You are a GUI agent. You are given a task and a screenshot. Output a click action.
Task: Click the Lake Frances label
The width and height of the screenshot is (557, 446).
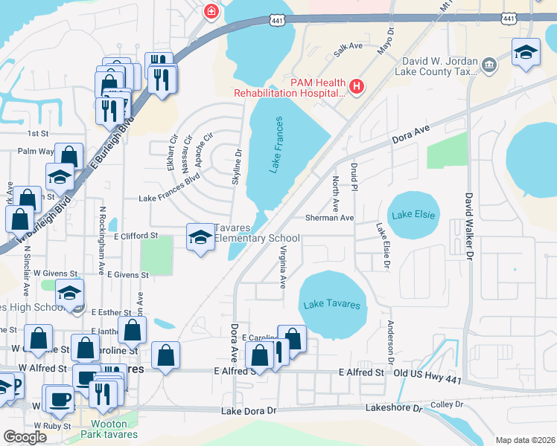pos(276,145)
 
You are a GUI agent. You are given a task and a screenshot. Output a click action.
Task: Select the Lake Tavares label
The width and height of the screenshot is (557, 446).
pos(332,305)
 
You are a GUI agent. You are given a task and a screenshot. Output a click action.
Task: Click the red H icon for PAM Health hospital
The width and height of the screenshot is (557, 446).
pos(357,88)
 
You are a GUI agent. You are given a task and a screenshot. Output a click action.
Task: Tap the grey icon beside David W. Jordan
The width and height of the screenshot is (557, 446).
pos(490,66)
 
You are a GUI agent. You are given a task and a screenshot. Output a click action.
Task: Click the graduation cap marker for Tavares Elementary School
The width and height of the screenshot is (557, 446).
pos(200,237)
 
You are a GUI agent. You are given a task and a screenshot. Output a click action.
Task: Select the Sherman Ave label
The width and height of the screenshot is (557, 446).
pos(328,219)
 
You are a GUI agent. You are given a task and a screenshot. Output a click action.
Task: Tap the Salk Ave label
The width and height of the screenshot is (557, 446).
pos(348,46)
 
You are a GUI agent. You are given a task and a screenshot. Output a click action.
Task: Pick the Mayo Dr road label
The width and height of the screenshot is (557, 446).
pos(385,42)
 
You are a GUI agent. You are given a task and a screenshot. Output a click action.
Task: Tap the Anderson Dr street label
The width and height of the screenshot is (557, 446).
pos(390,337)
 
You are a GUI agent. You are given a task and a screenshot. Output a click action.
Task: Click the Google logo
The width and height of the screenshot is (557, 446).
pos(25,437)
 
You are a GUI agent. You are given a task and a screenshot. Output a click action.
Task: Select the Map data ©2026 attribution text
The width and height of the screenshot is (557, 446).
pos(524,440)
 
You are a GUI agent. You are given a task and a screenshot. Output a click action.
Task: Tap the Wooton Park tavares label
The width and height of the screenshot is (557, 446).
pos(109,429)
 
